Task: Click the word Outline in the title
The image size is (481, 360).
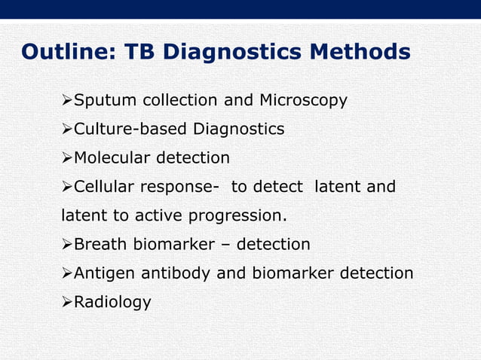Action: pyautogui.click(x=63, y=52)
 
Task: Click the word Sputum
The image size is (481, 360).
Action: pyautogui.click(x=106, y=101)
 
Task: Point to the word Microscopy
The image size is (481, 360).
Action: pyautogui.click(x=303, y=101)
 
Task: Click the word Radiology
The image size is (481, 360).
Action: pyautogui.click(x=112, y=303)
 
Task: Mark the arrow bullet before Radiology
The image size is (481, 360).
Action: pyautogui.click(x=66, y=303)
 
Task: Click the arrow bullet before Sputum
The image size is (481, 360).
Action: pyautogui.click(x=66, y=101)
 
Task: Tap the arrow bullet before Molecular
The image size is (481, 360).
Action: pyautogui.click(x=66, y=158)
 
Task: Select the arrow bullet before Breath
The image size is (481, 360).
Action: pyautogui.click(x=66, y=245)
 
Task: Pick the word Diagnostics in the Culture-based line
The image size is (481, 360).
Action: pyautogui.click(x=239, y=130)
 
